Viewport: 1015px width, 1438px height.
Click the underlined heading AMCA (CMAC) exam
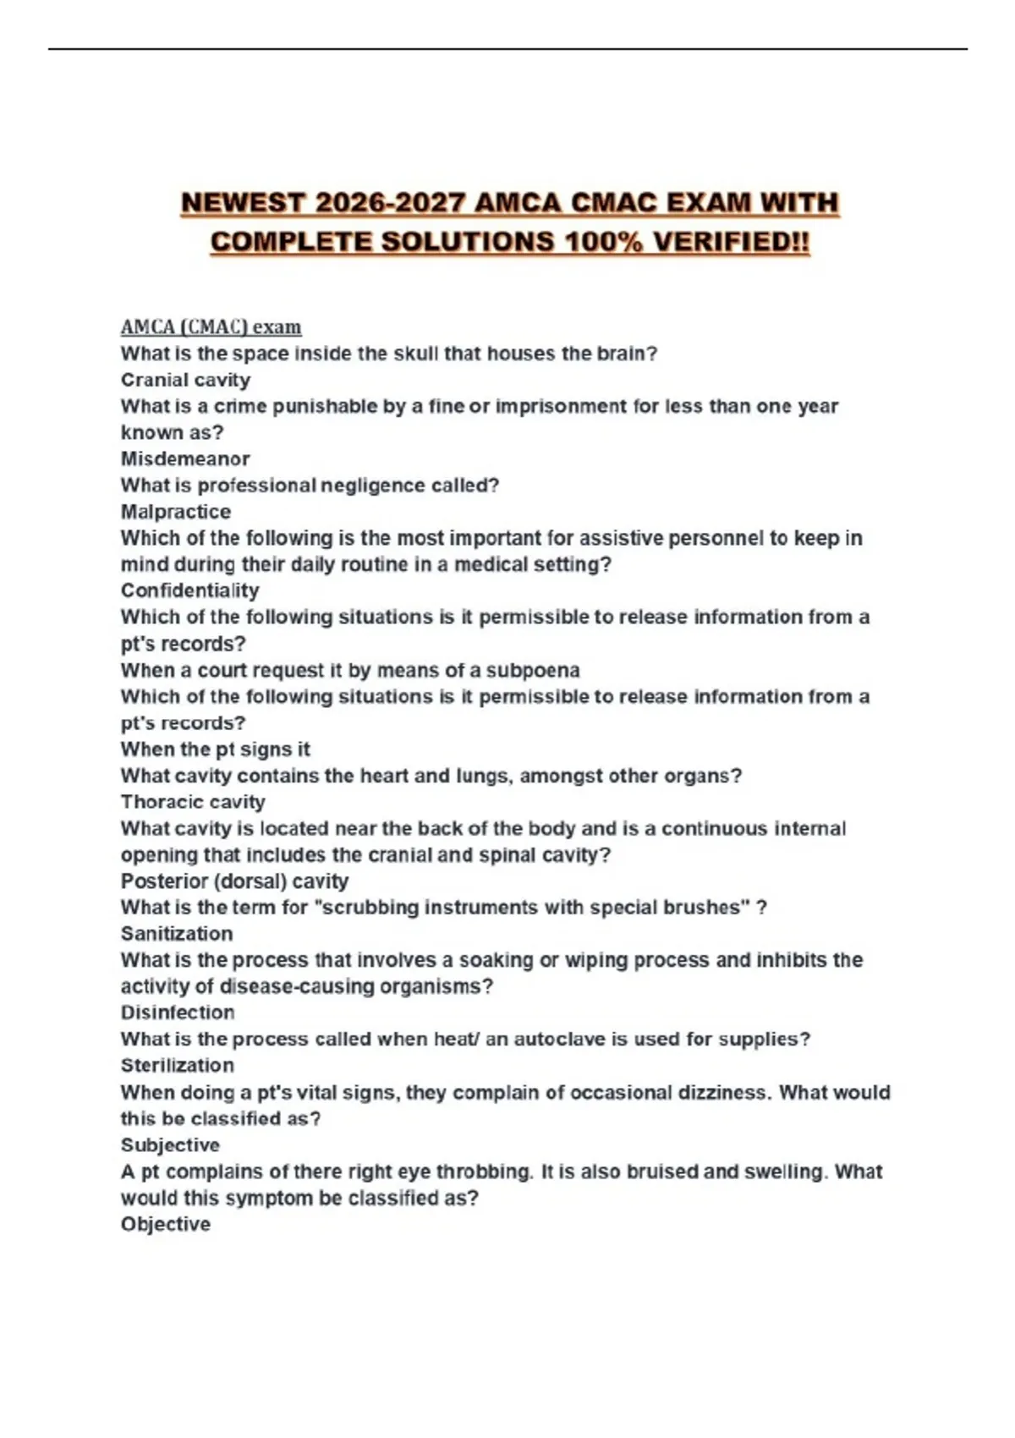(211, 327)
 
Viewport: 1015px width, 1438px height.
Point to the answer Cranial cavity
(185, 380)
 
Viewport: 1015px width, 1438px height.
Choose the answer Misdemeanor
(185, 458)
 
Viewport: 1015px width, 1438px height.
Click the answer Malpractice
(176, 512)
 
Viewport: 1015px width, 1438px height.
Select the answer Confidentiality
(190, 590)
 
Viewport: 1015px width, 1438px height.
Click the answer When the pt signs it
(216, 749)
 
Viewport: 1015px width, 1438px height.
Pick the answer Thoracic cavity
(193, 802)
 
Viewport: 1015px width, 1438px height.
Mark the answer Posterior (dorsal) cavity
(234, 881)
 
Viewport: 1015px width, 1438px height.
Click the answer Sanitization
(177, 934)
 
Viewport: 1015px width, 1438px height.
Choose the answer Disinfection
(178, 1013)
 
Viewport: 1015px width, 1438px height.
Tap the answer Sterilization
(178, 1066)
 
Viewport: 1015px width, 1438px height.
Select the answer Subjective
(170, 1145)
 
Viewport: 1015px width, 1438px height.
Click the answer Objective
(166, 1224)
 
